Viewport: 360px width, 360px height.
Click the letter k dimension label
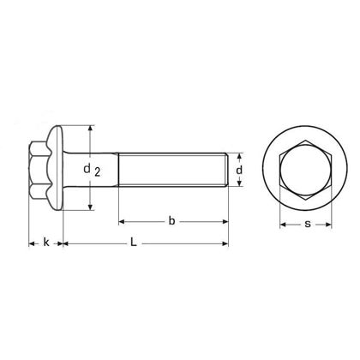[45, 243]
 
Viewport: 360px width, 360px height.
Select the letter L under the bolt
[134, 243]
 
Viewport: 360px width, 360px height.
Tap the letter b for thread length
[171, 221]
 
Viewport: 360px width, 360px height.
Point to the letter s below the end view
[307, 225]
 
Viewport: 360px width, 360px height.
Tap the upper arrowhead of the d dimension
[240, 155]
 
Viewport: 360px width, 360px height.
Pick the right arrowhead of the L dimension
[227, 243]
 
